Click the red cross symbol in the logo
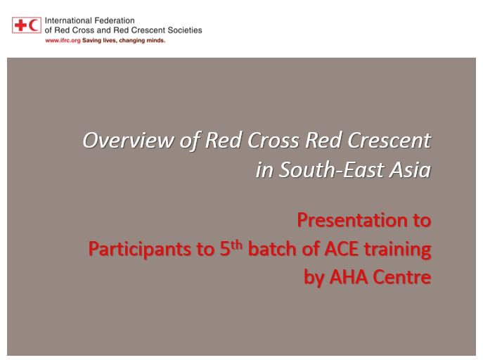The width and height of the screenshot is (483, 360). pyautogui.click(x=21, y=25)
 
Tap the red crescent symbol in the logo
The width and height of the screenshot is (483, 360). pyautogui.click(x=34, y=25)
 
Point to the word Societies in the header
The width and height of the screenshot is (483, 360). pyautogui.click(x=185, y=30)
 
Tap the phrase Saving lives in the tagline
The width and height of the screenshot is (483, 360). pyautogui.click(x=98, y=41)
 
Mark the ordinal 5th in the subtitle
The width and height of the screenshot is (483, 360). pyautogui.click(x=231, y=248)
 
